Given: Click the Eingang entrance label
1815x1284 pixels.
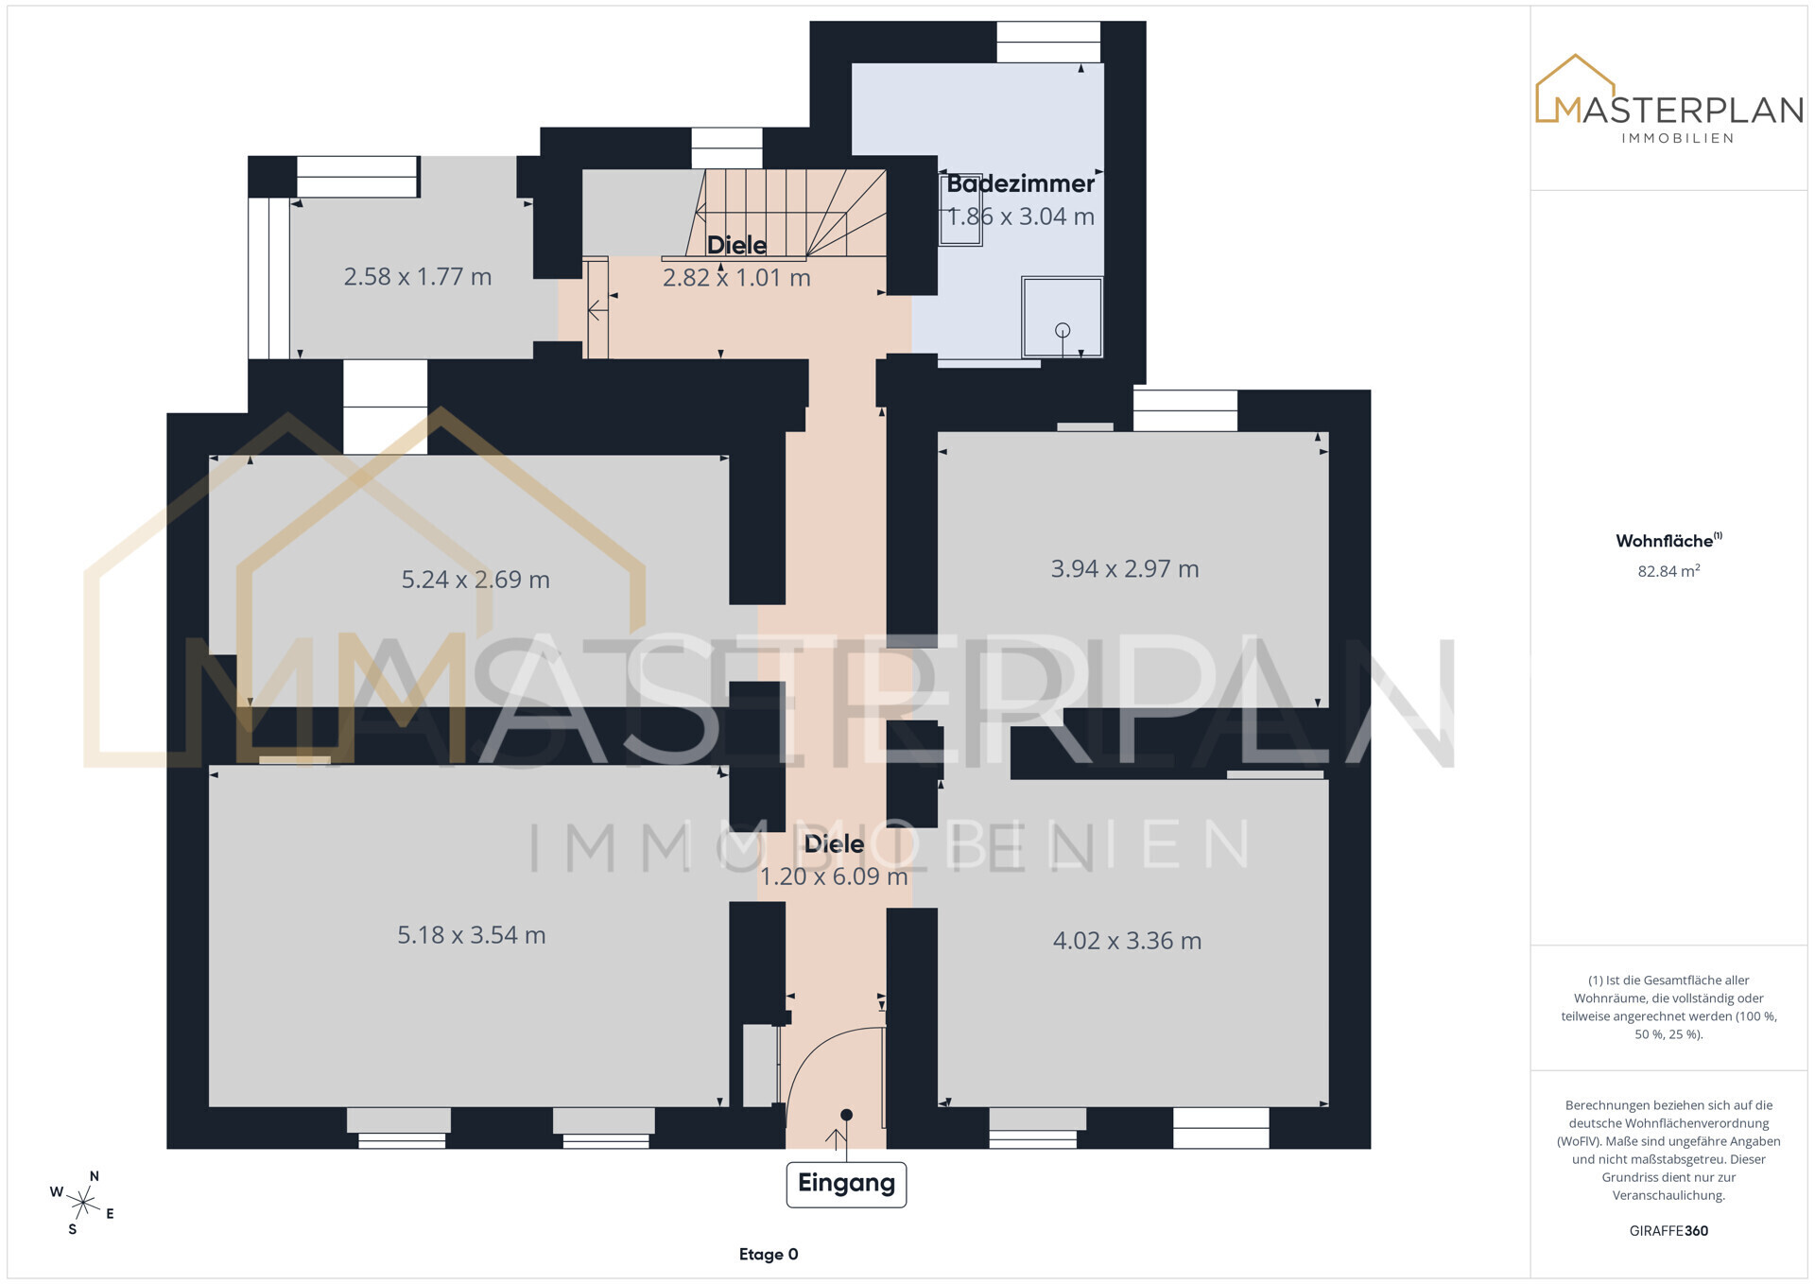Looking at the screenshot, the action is [x=846, y=1184].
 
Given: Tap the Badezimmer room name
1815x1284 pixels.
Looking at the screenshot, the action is [x=1020, y=183].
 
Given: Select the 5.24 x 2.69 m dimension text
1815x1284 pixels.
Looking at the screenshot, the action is [x=475, y=580].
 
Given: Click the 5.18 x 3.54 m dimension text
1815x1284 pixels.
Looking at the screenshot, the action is [x=471, y=935].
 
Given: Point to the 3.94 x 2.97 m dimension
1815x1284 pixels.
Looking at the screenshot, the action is [x=1125, y=569].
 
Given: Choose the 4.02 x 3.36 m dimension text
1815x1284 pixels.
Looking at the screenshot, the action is [x=1127, y=941].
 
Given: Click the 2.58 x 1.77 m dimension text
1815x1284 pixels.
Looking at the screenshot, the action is [x=417, y=277].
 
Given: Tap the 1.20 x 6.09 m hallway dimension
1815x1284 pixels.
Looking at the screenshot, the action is [x=834, y=876].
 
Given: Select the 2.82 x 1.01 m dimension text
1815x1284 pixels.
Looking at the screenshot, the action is [x=736, y=278].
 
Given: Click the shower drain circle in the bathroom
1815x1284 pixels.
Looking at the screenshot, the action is [x=1063, y=330].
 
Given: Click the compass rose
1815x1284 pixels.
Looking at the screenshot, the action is [x=83, y=1203].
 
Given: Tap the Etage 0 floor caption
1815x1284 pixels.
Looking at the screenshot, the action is [x=769, y=1255].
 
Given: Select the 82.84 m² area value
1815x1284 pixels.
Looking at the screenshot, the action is [x=1668, y=571].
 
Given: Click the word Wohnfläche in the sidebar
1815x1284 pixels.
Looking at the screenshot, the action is [x=1664, y=541].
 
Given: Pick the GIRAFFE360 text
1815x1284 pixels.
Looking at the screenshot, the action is [x=1668, y=1231].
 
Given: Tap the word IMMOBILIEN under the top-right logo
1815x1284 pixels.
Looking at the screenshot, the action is [x=1678, y=138].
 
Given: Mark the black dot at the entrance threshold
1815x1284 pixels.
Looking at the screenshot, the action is [x=846, y=1115].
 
